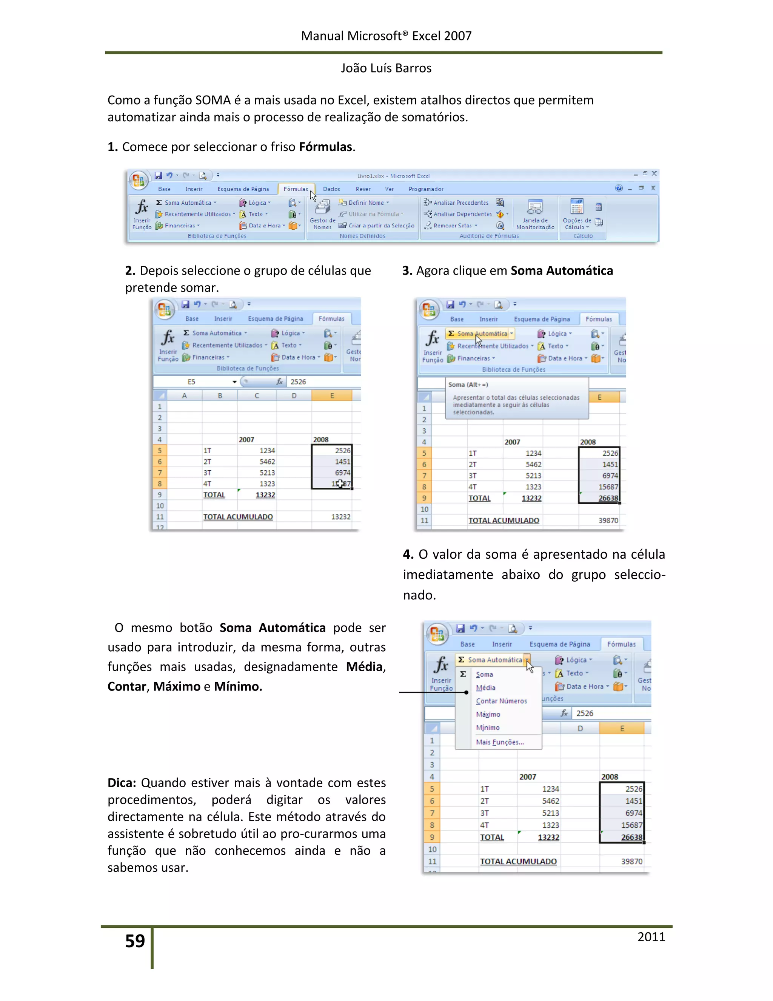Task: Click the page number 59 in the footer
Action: tap(135, 941)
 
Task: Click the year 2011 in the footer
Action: tap(651, 936)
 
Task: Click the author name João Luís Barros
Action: tap(386, 68)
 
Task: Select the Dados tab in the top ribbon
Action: tap(331, 189)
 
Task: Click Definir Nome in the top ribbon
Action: tap(365, 202)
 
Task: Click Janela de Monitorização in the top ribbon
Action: tap(535, 215)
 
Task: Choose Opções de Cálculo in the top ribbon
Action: tap(577, 215)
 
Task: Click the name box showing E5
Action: tap(191, 382)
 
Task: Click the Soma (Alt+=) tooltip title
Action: tap(468, 385)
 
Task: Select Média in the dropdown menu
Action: tap(485, 687)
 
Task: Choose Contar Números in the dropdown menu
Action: tap(501, 701)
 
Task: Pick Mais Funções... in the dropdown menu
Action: tap(500, 742)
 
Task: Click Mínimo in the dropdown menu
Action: tap(487, 728)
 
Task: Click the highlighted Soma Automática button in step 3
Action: tap(481, 334)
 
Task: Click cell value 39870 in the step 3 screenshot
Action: tap(608, 521)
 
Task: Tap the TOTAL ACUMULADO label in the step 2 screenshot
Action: tap(238, 516)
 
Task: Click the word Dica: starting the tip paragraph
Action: tap(122, 783)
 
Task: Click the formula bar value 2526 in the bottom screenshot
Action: tap(584, 713)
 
